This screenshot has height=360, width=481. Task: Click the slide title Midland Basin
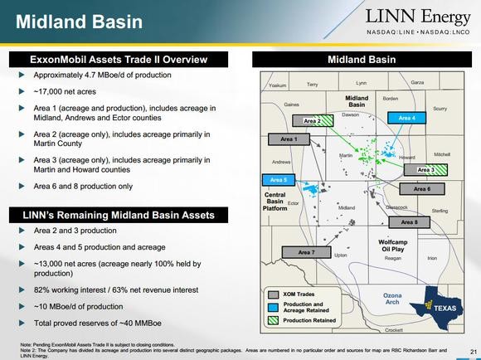coord(69,20)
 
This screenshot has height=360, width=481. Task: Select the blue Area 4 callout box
coord(406,118)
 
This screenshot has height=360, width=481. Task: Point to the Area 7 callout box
coord(304,251)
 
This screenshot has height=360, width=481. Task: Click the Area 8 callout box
coord(410,222)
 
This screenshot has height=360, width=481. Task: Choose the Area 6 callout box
coord(422,189)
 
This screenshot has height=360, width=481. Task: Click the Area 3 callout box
coord(425,169)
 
